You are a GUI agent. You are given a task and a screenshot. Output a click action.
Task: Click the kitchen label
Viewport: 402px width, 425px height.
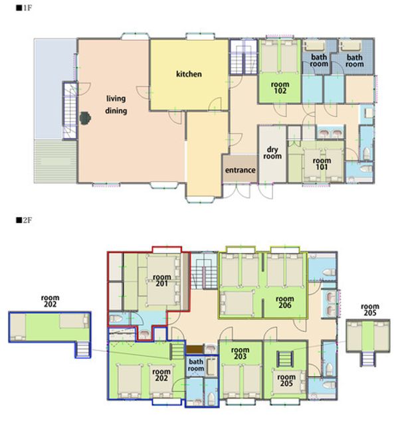[x=189, y=74]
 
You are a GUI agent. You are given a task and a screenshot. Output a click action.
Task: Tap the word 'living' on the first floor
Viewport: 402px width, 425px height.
[x=116, y=99]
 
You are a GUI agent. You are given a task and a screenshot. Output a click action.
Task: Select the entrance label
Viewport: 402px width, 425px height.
[x=240, y=170]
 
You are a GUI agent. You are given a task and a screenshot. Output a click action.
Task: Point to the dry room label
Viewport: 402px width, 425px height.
[x=272, y=153]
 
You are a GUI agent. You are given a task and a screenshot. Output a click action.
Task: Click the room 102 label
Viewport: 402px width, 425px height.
[x=280, y=88]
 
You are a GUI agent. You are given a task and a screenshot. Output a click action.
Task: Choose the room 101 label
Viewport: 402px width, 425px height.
[x=322, y=164]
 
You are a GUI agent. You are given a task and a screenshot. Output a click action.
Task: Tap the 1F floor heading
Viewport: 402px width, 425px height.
[x=24, y=8]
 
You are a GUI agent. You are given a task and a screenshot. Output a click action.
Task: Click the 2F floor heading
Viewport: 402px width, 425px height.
[x=24, y=220]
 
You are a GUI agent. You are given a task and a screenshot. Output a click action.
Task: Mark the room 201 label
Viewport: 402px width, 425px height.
[x=161, y=280]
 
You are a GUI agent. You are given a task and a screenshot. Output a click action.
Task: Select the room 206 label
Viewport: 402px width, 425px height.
[x=285, y=302]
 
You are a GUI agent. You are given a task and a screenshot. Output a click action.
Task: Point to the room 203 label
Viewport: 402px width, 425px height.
[x=240, y=353]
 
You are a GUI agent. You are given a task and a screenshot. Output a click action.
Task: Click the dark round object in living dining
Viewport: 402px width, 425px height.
[x=85, y=118]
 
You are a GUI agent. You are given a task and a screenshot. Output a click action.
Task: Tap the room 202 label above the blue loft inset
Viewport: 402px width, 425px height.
[x=50, y=301]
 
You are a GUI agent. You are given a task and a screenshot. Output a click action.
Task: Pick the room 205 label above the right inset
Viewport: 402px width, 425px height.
[x=369, y=309]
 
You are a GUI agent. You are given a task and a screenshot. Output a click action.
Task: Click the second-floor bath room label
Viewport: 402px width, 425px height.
[x=195, y=365]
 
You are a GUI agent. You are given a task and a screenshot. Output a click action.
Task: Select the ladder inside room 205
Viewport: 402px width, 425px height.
[x=285, y=359]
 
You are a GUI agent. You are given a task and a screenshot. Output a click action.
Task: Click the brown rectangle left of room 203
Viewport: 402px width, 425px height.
[x=194, y=349]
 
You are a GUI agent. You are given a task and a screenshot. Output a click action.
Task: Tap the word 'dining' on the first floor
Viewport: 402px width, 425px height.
[x=116, y=111]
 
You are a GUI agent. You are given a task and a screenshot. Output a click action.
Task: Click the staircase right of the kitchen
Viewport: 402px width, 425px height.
[x=243, y=57]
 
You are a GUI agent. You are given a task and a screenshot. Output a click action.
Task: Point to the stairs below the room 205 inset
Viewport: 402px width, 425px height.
[x=368, y=359]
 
